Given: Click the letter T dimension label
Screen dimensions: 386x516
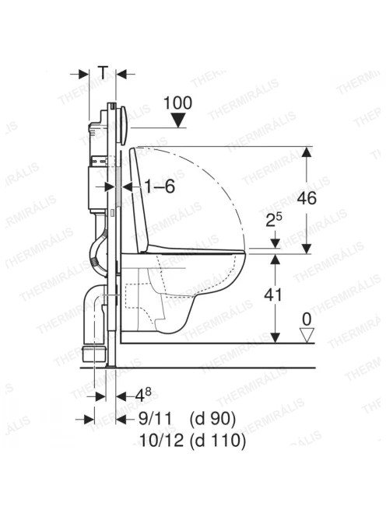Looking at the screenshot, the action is point(104,73).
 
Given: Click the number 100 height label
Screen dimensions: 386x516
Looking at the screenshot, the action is point(178,103).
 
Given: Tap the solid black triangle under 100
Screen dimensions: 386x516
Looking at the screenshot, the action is point(179,120).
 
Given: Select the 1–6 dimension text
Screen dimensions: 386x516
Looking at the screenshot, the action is point(160,187).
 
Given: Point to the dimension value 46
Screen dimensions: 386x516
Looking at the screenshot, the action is point(307,198).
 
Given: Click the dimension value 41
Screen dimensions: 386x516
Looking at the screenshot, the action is point(273,295).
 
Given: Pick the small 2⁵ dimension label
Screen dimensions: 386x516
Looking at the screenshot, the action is point(275,221).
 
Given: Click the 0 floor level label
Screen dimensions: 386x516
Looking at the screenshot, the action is point(307,319).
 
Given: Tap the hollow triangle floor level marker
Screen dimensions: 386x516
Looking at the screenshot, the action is point(307,336).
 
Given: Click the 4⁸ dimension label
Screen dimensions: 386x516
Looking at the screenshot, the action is point(143,395).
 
